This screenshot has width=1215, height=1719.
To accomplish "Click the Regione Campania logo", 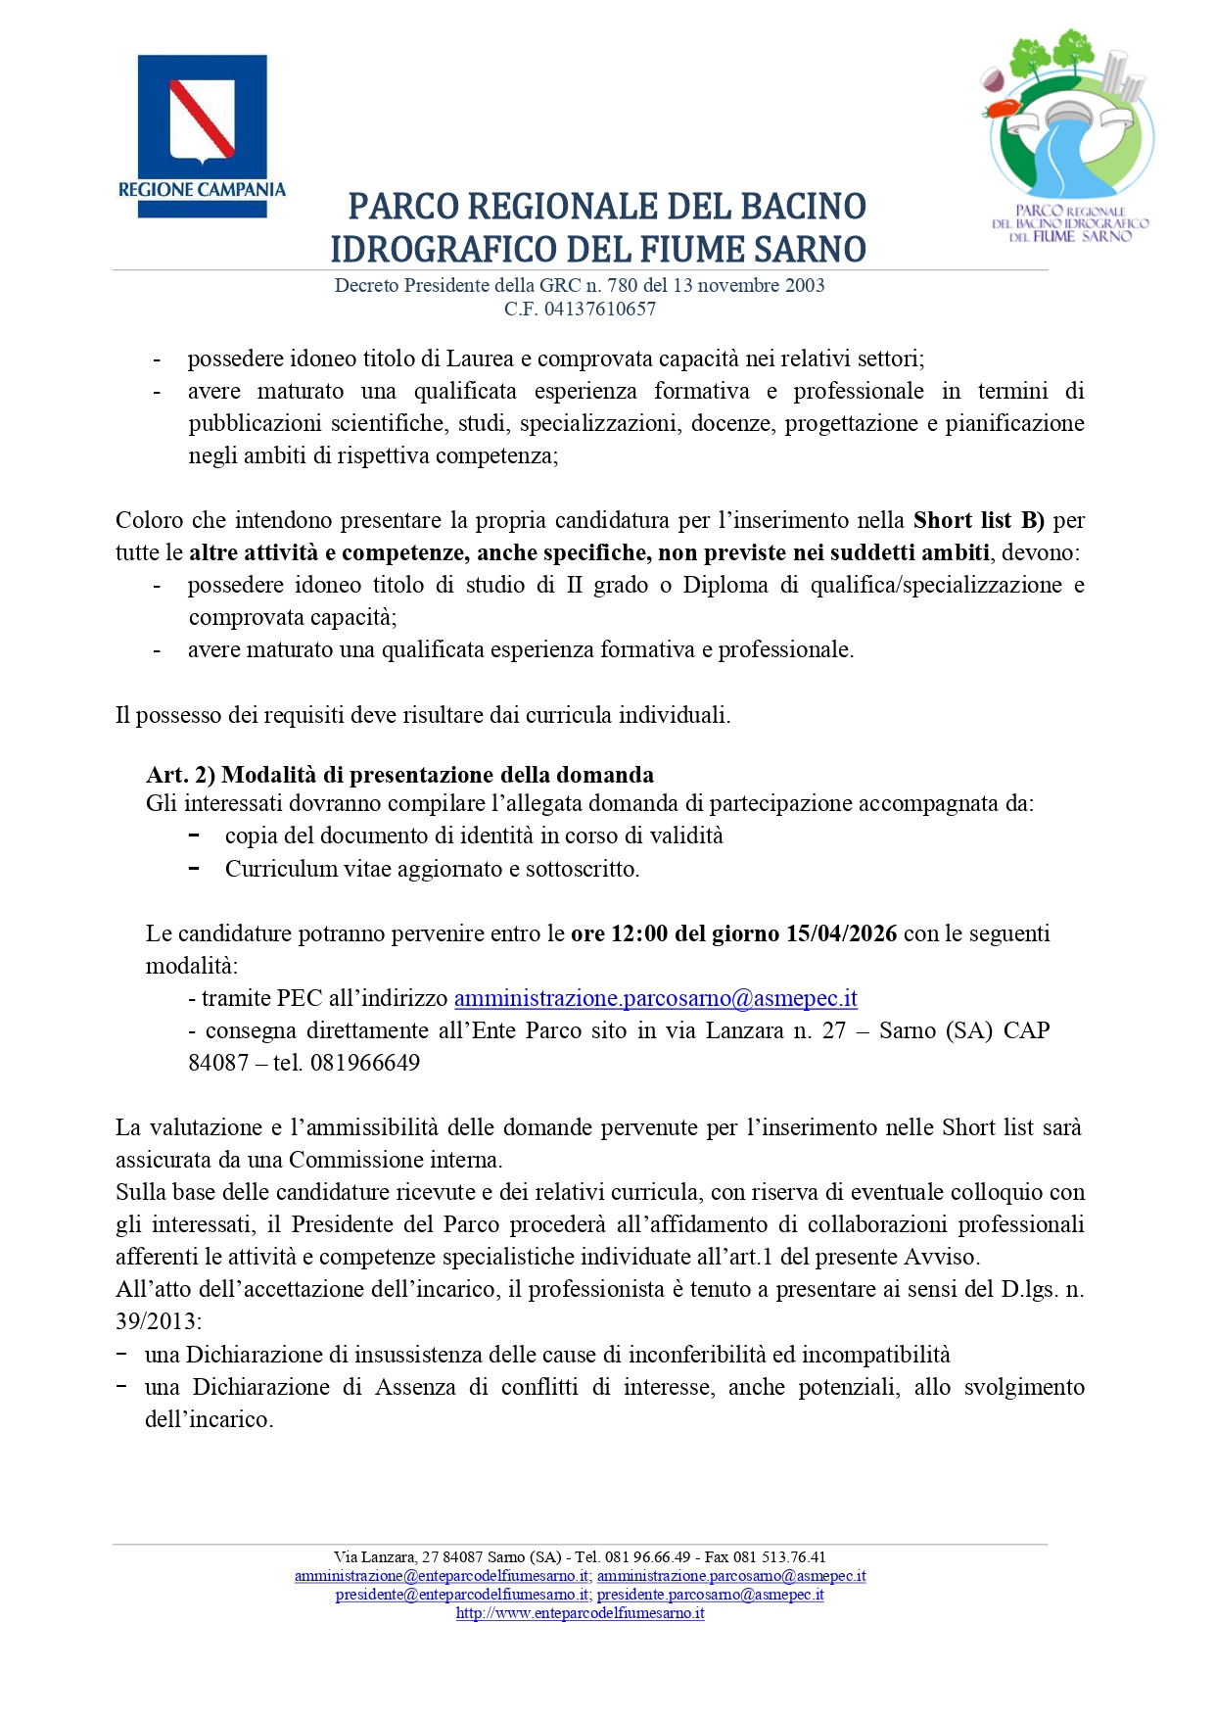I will (202, 135).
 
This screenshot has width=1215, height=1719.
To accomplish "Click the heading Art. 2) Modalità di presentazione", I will (399, 775).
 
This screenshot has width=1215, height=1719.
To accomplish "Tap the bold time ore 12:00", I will (620, 933).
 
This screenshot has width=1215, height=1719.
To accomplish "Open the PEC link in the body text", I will (655, 998).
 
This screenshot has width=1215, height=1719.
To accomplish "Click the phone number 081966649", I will (365, 1063).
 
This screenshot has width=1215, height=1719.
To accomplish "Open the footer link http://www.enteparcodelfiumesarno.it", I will (580, 1613).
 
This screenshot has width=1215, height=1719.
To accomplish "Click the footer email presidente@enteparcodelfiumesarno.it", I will (462, 1595).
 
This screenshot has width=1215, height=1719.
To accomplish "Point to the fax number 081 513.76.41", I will (779, 1557).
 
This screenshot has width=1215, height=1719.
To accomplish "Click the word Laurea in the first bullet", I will (481, 358).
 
